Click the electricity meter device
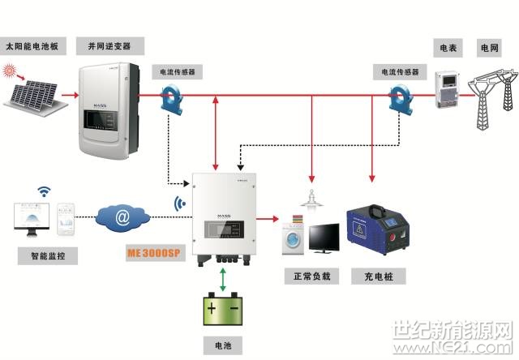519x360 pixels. [447, 88]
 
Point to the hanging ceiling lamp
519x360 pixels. [311, 198]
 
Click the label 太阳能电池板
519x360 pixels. [33, 46]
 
